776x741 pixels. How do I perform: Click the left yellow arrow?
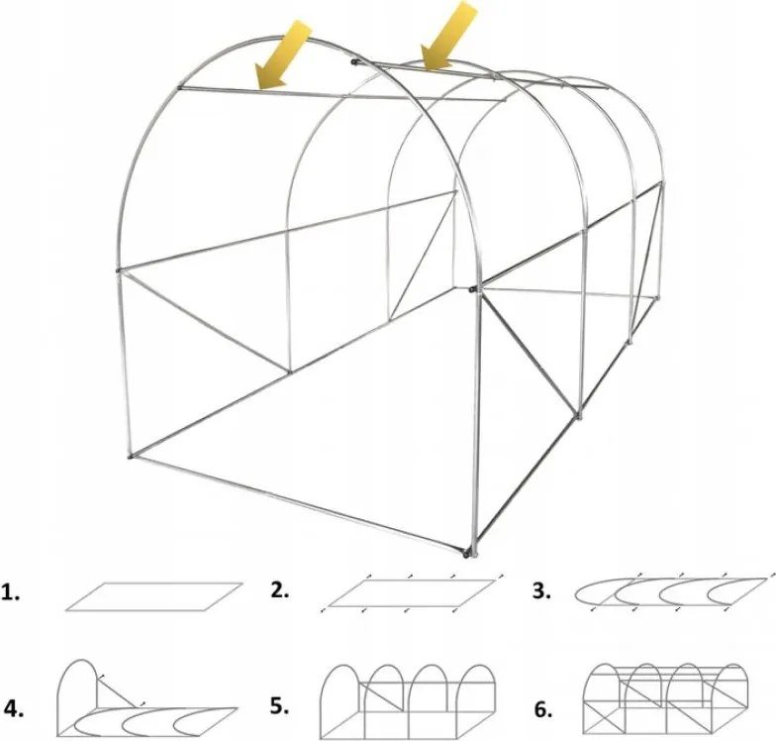pos(282,55)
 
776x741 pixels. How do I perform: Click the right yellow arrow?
pos(449,36)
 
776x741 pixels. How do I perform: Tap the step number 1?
pos(10,592)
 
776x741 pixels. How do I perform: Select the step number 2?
pos(280,590)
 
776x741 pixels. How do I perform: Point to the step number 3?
pos(542,590)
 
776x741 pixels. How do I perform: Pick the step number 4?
pos(14,710)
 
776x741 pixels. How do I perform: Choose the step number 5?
pos(280,705)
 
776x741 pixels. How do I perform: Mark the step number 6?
pos(542,709)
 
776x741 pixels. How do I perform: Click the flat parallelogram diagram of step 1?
pos(154,596)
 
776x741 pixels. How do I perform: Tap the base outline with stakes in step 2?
pos(412,593)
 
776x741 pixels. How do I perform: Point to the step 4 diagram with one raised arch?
pos(147,699)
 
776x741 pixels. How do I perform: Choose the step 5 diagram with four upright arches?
pos(408,701)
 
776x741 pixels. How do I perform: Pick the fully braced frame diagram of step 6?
pos(666,700)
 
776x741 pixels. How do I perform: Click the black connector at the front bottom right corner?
pos(465,553)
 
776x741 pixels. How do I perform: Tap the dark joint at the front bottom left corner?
pos(131,456)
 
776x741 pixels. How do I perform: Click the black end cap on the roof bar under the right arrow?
pos(353,62)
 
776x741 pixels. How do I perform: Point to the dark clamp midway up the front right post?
pos(473,288)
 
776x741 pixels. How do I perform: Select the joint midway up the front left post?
pos(119,270)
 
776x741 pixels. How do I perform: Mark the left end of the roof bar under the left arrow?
pos(179,89)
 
